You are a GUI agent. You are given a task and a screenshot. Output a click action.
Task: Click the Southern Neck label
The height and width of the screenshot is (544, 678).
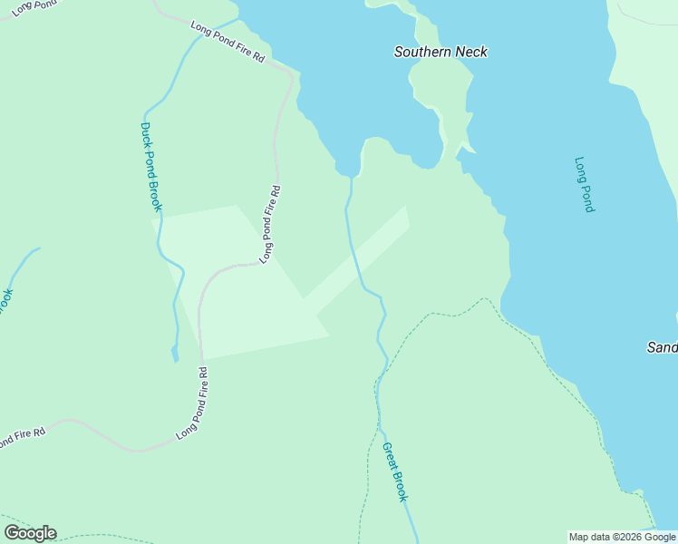pos(441,52)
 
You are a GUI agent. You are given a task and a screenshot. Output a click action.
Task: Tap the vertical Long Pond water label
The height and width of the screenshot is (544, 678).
pos(584,185)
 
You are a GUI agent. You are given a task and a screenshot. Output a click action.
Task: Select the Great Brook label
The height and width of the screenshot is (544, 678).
pos(395,471)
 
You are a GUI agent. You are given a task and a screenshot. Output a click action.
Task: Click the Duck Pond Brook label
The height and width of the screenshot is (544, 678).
pos(150,167)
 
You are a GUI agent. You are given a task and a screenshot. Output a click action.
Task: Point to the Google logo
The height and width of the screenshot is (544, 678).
pos(30,533)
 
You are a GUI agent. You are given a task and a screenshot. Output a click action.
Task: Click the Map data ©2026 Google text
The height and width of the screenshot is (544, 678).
pos(622,537)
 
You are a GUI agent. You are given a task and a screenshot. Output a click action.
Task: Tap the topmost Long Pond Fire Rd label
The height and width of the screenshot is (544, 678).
pos(228,42)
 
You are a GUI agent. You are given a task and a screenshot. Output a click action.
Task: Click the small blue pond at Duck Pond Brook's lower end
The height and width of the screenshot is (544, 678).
pos(175,354)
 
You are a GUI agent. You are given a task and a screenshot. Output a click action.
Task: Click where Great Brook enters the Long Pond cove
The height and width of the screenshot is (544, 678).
pos(351,178)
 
